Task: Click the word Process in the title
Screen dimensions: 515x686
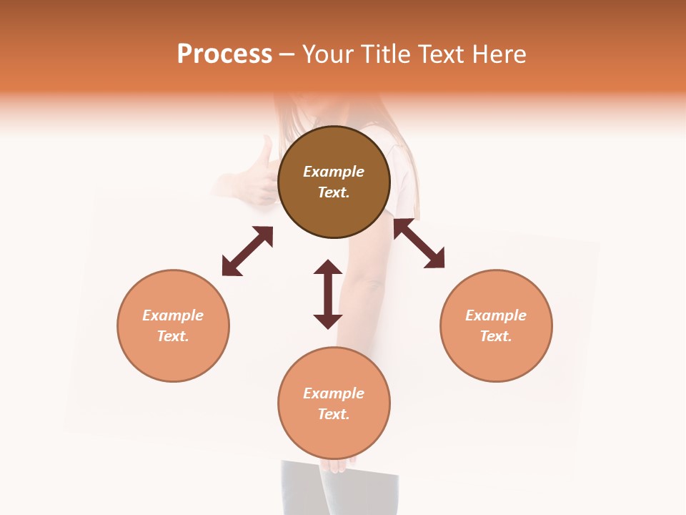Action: tap(224, 54)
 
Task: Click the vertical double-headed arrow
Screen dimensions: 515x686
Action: tap(328, 294)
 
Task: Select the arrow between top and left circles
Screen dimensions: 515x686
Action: tap(247, 251)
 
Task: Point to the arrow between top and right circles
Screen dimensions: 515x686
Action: tap(419, 243)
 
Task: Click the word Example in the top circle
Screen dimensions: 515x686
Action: tap(334, 172)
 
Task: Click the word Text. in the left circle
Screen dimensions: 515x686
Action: tap(173, 336)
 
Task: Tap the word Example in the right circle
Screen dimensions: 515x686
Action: tap(496, 315)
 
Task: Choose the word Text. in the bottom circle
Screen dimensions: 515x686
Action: tap(334, 414)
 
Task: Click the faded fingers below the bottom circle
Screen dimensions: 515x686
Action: tap(337, 466)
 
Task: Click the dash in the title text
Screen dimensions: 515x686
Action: tap(287, 55)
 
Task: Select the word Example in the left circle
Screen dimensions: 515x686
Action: tap(173, 315)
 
